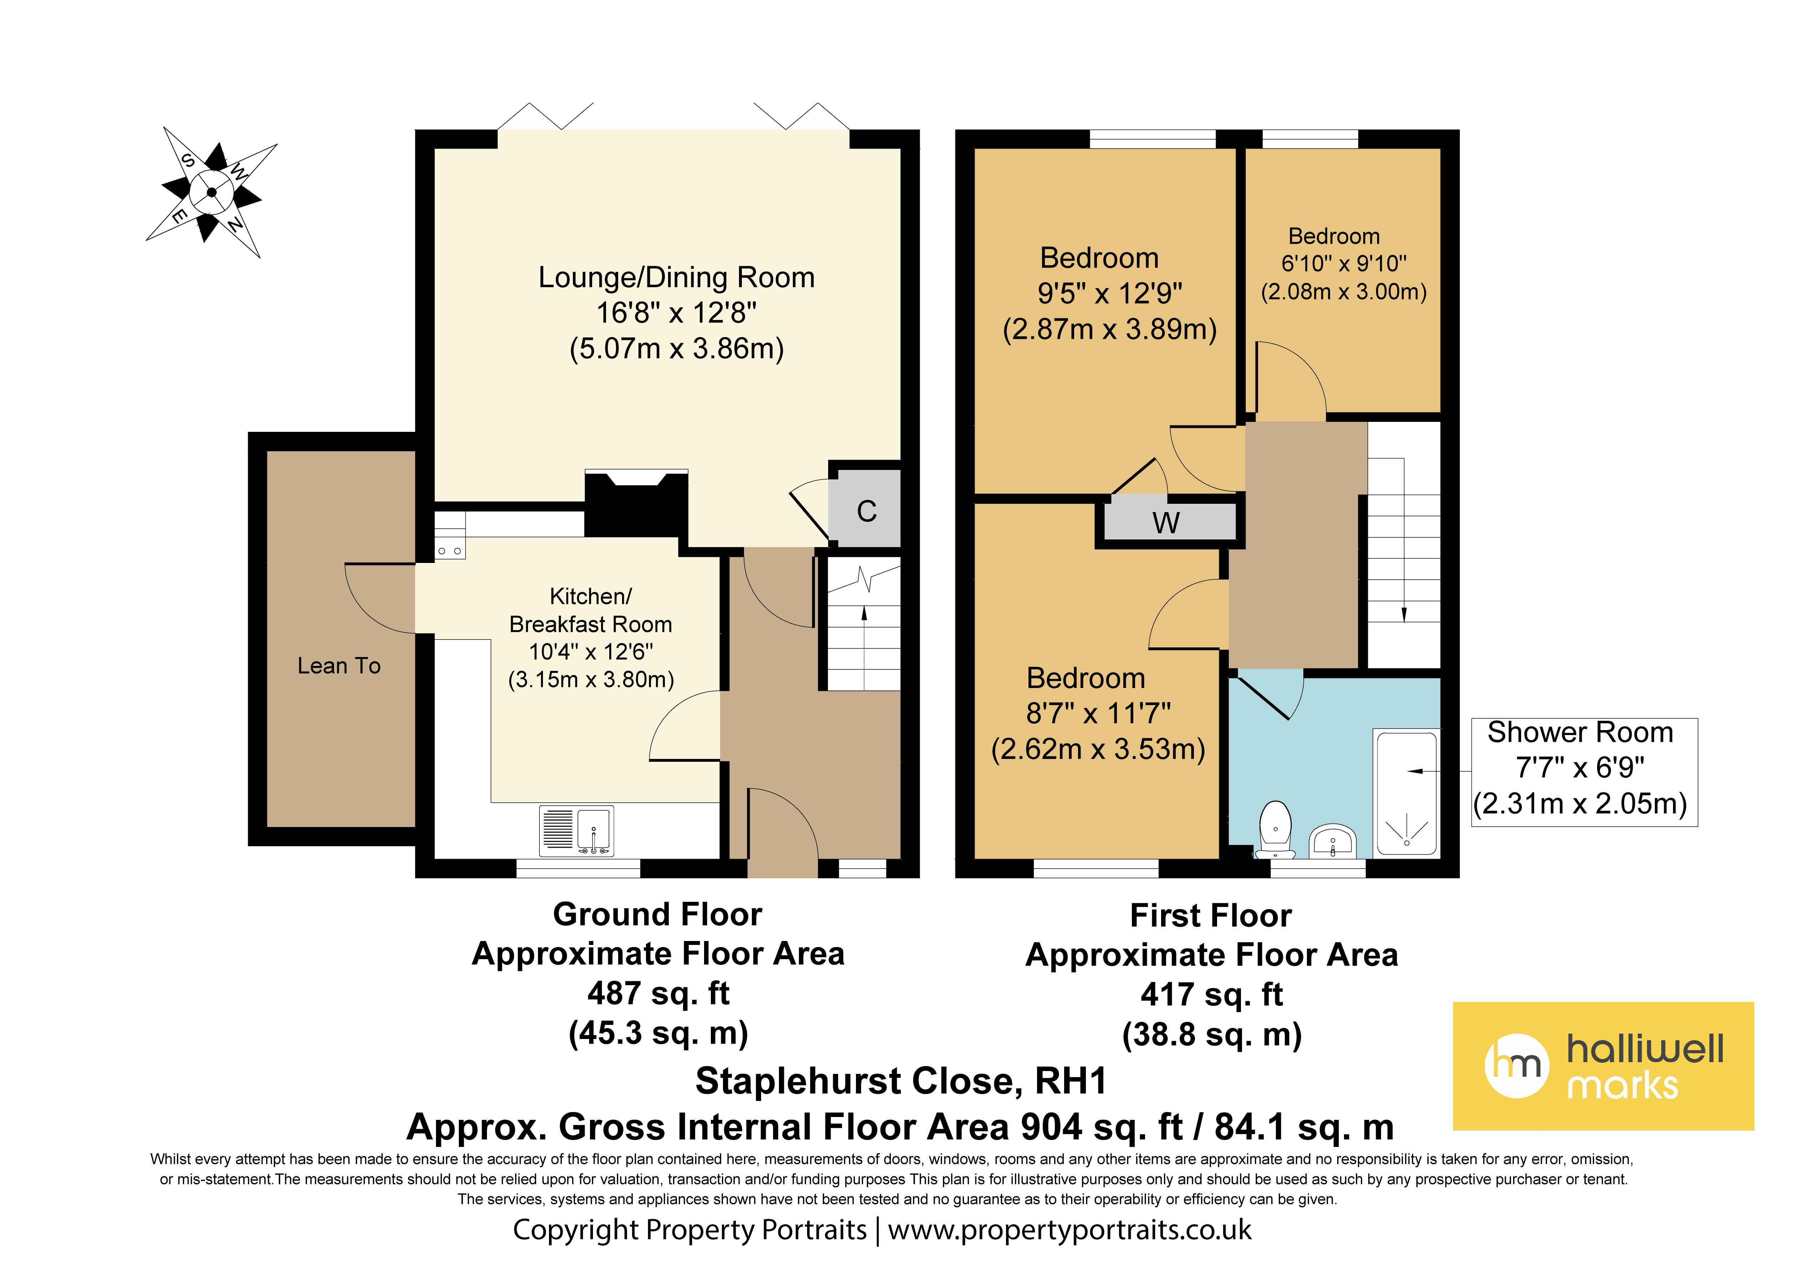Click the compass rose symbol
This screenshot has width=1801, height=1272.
(212, 192)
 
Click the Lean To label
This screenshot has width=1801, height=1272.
(339, 666)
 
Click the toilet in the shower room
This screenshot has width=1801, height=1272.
(1276, 829)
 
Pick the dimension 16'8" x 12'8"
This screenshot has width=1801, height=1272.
(676, 313)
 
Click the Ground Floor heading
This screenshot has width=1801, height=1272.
(657, 914)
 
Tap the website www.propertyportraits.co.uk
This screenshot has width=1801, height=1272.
(1070, 1230)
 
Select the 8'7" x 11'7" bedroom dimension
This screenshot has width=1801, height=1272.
(1098, 714)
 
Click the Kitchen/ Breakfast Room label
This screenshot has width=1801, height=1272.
(591, 610)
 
